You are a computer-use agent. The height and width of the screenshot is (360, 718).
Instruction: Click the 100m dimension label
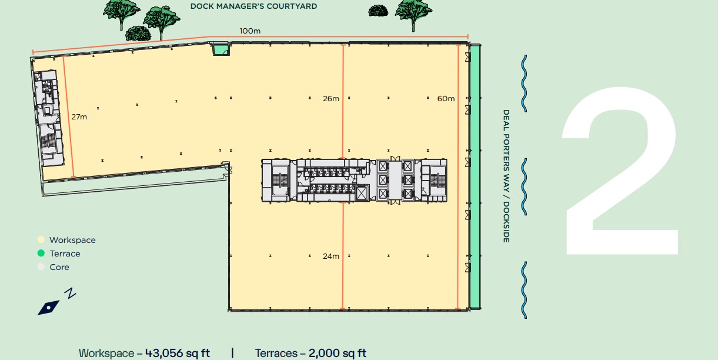(250, 31)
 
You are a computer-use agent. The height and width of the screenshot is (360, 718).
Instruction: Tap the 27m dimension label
(79, 116)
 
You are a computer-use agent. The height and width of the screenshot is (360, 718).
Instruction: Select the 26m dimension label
(331, 98)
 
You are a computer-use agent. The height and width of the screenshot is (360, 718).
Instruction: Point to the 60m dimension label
(446, 98)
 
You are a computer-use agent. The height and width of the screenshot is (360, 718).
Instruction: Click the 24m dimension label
(331, 256)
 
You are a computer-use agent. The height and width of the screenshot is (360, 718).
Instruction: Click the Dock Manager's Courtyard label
(253, 6)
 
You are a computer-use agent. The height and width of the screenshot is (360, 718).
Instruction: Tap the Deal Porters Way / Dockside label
(506, 176)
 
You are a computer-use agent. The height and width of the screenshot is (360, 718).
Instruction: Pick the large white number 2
(620, 171)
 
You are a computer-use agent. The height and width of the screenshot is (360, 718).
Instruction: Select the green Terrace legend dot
(41, 254)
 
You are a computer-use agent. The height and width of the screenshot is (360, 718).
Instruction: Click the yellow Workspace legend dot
(41, 239)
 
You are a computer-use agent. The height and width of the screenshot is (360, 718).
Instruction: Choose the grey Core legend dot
(41, 266)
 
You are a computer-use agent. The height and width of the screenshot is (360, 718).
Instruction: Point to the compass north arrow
(49, 308)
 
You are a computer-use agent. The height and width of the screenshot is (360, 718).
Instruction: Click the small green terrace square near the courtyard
(221, 49)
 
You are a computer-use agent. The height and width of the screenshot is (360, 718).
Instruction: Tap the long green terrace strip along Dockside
(475, 176)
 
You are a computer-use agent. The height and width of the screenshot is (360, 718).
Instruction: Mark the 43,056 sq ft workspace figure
(178, 353)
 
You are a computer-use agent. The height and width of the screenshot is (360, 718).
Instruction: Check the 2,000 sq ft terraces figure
(337, 353)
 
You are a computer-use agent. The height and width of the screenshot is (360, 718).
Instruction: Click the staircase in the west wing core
(48, 141)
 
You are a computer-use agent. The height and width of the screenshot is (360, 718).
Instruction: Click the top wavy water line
(524, 84)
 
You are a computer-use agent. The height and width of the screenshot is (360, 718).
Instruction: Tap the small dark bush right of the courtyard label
(378, 11)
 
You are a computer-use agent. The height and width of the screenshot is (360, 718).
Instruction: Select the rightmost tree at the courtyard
(413, 15)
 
